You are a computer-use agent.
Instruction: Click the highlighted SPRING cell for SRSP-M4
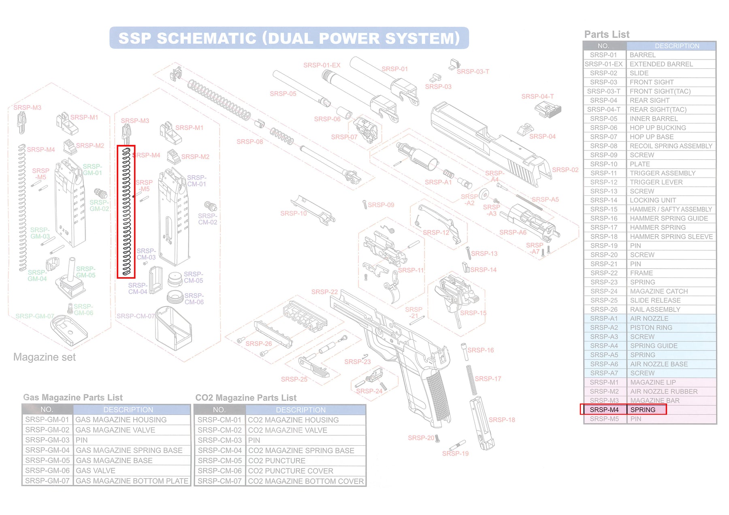click(646, 410)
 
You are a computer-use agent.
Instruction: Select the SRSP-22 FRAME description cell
click(671, 273)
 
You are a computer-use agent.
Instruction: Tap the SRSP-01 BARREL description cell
click(671, 55)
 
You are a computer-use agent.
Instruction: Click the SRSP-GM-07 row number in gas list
click(47, 481)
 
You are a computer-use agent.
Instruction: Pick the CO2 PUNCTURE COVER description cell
click(306, 471)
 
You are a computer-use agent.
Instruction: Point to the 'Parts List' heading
click(607, 34)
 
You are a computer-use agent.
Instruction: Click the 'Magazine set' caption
click(45, 357)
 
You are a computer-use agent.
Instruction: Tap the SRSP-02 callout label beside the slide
click(565, 170)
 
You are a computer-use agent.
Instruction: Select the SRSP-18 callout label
click(502, 420)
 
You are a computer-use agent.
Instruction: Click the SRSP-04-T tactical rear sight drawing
click(548, 109)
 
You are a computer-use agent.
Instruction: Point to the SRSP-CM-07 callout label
click(135, 316)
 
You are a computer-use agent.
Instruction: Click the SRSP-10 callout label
click(293, 213)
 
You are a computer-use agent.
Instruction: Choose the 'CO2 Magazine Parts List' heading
click(246, 398)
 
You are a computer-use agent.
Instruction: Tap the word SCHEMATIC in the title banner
click(207, 38)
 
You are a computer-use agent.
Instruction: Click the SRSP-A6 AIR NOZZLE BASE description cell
click(671, 364)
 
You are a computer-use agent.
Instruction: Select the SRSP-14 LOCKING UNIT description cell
click(671, 200)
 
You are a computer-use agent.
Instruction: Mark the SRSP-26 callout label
click(259, 343)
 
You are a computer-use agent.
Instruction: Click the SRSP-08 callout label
click(250, 142)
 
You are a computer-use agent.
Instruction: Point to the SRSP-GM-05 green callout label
click(86, 272)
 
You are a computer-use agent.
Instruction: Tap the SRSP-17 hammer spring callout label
click(488, 379)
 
